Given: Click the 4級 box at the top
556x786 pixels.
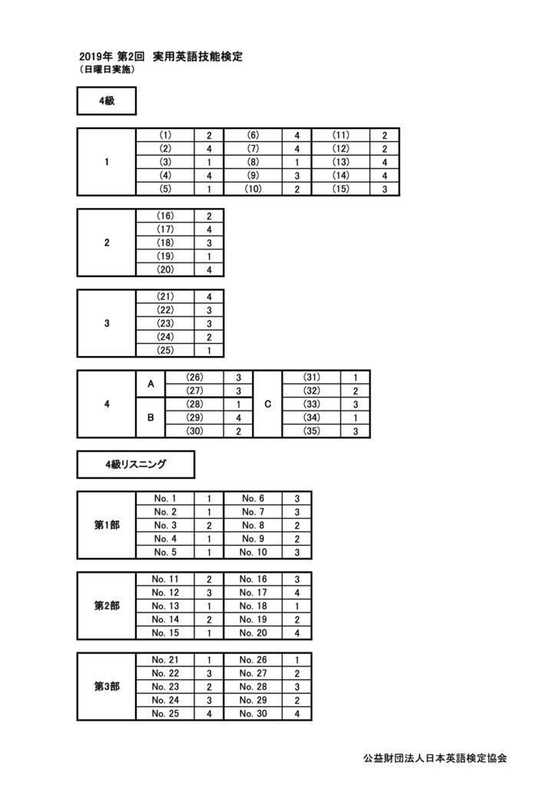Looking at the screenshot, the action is (106, 101).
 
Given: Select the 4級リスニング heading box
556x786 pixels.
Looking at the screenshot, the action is (135, 464).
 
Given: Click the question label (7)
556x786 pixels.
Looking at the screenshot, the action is (253, 149).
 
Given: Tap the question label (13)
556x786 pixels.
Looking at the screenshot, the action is (340, 162).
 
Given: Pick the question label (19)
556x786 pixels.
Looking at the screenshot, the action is (165, 256).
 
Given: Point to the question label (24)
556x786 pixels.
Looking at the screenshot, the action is (165, 337).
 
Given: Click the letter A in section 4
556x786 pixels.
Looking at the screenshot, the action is (151, 384).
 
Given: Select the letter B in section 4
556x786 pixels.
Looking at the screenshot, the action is (151, 418).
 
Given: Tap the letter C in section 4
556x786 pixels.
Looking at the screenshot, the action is (268, 404).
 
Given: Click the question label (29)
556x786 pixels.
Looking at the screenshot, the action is (194, 418).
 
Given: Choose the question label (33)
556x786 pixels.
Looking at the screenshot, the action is (311, 404).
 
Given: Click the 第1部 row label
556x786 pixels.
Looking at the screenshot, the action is (107, 525).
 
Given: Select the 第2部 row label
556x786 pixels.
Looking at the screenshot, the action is (107, 606).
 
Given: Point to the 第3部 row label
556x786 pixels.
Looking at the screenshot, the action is (107, 687).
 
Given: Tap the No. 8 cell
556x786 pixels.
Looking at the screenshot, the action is (253, 525).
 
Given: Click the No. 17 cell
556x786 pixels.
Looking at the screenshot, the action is (253, 593).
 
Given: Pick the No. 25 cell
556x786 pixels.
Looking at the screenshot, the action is (165, 714).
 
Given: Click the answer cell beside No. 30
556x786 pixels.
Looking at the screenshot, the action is (296, 714).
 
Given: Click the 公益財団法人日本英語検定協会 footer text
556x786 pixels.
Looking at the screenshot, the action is (435, 758).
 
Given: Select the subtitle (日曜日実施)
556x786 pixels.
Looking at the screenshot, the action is (107, 70).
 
